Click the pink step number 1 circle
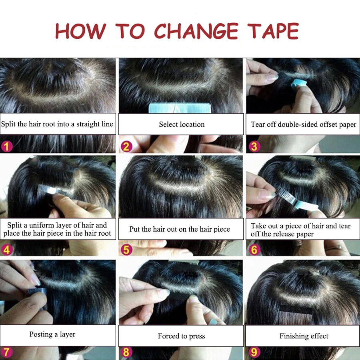pos(7,146)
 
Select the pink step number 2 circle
pos(126,146)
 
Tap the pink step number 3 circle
pos(254,146)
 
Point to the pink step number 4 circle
pos(7,250)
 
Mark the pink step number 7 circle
pos(7,352)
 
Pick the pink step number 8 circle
pos(126,352)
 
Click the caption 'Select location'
pos(182,124)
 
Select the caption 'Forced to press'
pos(181,336)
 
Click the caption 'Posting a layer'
pos(52,334)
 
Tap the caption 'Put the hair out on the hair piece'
pos(180,229)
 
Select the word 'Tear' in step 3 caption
pos(258,124)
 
